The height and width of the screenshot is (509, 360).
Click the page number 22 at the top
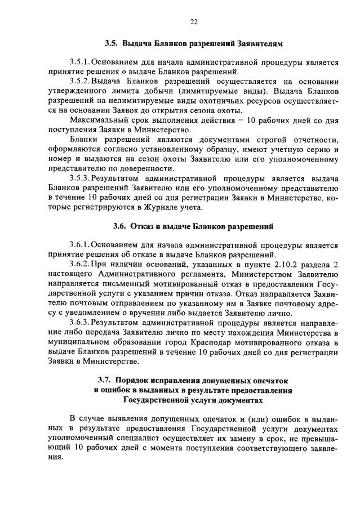point(193,22)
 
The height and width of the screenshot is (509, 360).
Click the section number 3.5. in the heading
point(112,43)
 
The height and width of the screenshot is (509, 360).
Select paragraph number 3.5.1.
point(79,62)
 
